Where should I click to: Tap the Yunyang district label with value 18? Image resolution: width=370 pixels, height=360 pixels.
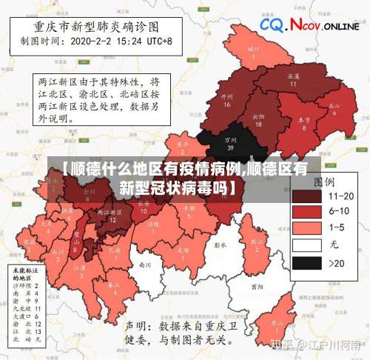click(x=258, y=120)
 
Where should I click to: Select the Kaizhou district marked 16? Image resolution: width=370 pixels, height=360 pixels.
click(x=227, y=101)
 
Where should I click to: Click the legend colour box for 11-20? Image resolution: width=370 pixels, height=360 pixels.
click(x=306, y=196)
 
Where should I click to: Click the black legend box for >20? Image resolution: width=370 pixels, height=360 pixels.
click(x=306, y=263)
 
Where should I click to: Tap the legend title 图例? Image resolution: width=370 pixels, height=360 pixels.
click(x=323, y=181)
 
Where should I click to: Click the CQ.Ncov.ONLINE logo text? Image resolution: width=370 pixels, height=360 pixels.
click(x=310, y=25)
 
